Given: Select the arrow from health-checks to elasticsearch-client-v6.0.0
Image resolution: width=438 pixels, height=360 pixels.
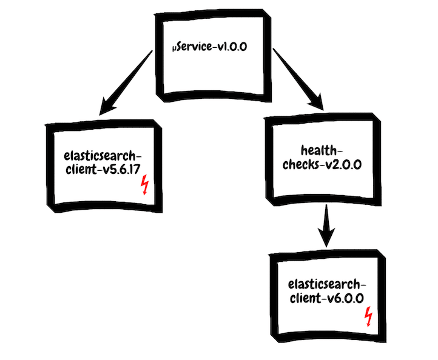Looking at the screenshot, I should (327, 224).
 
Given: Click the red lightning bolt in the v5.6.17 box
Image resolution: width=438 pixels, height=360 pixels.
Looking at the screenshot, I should (144, 185).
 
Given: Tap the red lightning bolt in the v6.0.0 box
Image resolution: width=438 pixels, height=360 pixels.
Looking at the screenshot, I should (368, 316).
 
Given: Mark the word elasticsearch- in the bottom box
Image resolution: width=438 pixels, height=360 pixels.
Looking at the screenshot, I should (326, 283).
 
